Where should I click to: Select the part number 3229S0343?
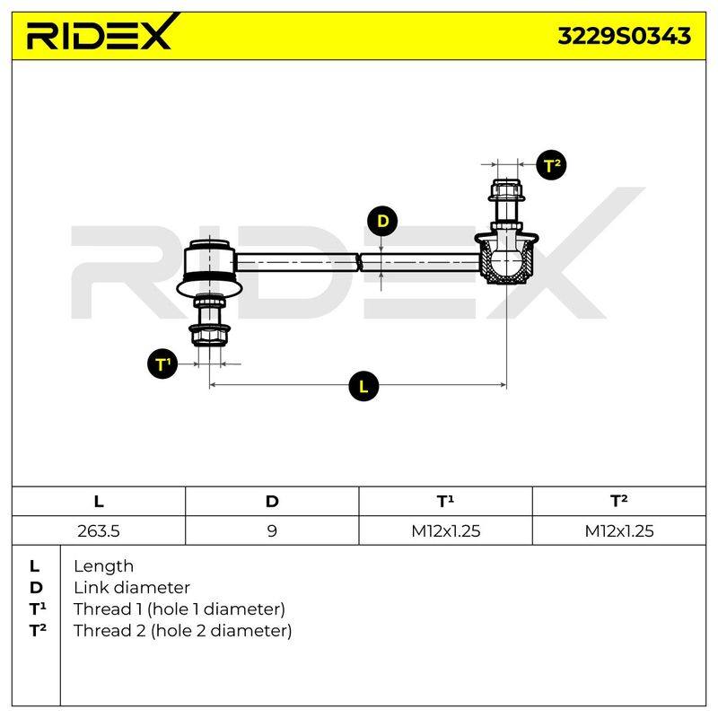pyautogui.click(x=624, y=36)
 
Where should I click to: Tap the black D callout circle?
pyautogui.click(x=382, y=221)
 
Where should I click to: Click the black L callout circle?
pyautogui.click(x=363, y=386)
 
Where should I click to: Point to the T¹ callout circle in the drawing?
pyautogui.click(x=162, y=364)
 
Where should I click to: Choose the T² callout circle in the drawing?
pyautogui.click(x=551, y=165)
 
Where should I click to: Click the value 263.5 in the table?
pyautogui.click(x=99, y=530)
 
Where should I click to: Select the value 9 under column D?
pyautogui.click(x=272, y=530)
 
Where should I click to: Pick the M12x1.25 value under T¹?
pyautogui.click(x=445, y=530)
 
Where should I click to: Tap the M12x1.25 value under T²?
pyautogui.click(x=619, y=530)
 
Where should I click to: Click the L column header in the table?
pyautogui.click(x=99, y=502)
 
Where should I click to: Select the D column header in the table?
pyautogui.click(x=272, y=502)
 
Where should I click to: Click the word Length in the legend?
pyautogui.click(x=103, y=566)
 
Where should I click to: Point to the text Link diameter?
pyautogui.click(x=132, y=588)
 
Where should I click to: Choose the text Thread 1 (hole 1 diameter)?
pyautogui.click(x=179, y=609)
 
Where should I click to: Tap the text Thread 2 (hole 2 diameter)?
pyautogui.click(x=182, y=631)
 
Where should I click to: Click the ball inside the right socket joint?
pyautogui.click(x=506, y=262)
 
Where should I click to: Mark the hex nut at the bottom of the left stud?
pyautogui.click(x=209, y=335)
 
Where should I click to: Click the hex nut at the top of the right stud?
pyautogui.click(x=506, y=190)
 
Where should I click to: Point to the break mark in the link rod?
pyautogui.click(x=360, y=262)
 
